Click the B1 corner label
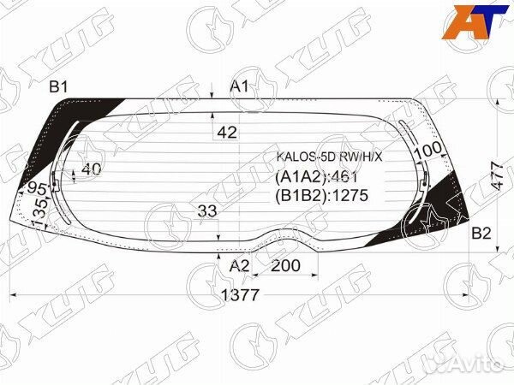tap(59, 86)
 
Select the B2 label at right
tap(481, 234)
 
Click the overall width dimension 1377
tap(240, 295)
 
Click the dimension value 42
tap(227, 133)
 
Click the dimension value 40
tap(91, 169)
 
